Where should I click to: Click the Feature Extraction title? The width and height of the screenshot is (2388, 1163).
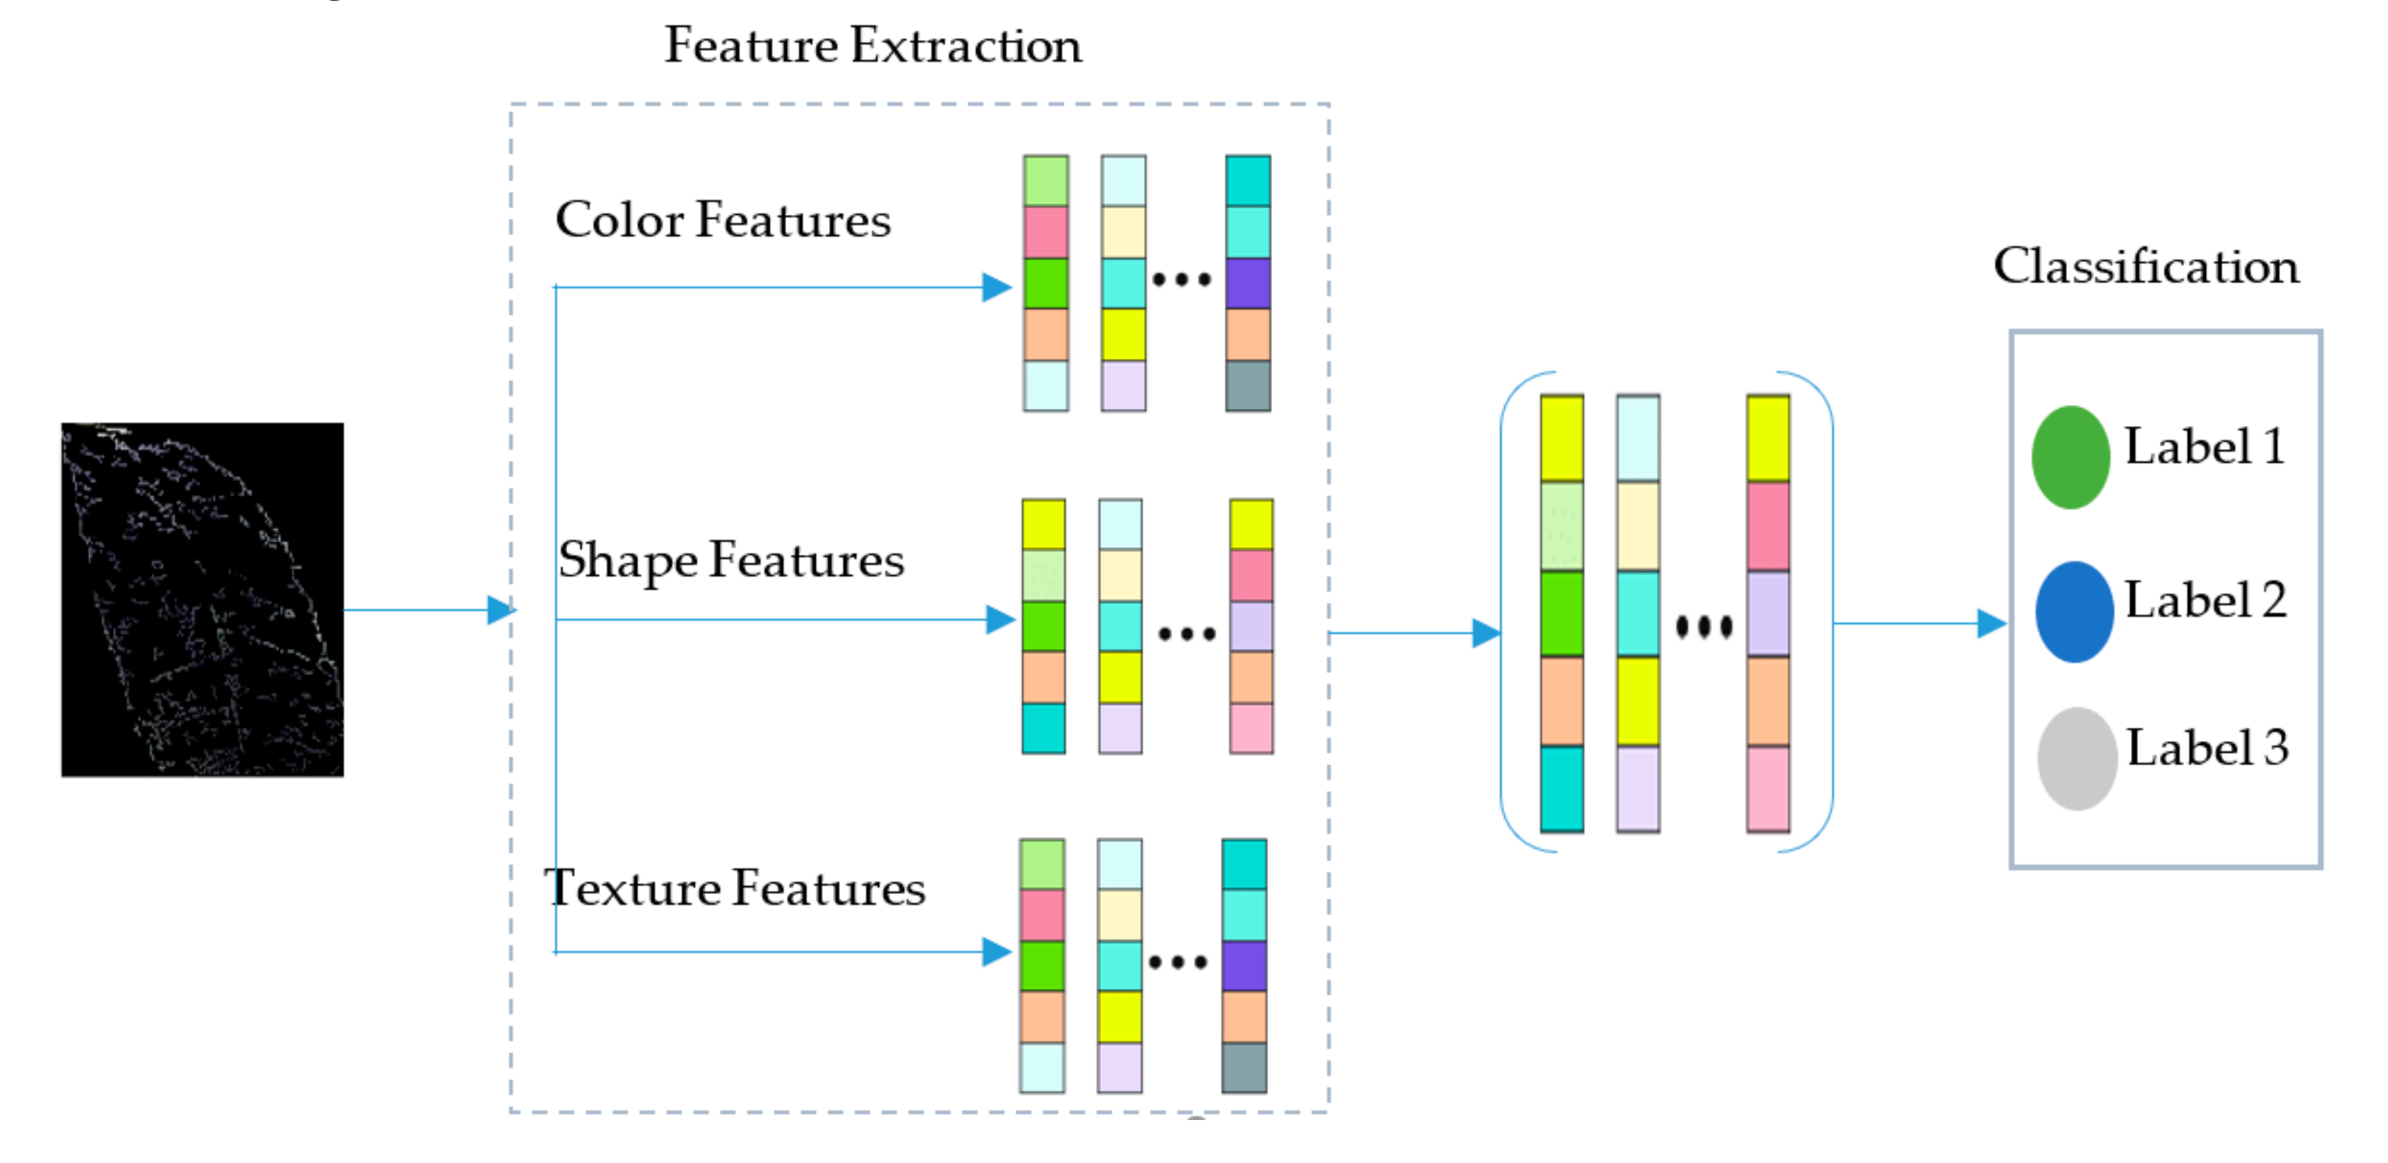pos(872,45)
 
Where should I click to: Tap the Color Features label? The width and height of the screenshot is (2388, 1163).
pos(723,220)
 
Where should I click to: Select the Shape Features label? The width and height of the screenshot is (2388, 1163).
pos(731,561)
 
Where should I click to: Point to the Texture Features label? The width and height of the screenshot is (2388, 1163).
pos(735,888)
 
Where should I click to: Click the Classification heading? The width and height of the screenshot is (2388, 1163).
pos(2146,267)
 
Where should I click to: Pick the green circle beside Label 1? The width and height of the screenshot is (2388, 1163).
pos(2070,457)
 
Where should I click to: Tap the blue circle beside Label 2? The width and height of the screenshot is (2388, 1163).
pos(2074,611)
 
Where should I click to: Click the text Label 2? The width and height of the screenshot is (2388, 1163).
pos(2205,600)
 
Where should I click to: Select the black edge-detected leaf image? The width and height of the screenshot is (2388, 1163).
pos(202,599)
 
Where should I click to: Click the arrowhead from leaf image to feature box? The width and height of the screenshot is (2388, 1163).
pos(502,610)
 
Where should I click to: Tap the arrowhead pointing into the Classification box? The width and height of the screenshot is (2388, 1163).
pos(1991,623)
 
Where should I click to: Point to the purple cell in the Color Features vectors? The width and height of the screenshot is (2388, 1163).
pos(1248,283)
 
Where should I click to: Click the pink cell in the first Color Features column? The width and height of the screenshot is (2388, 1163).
pos(1046,232)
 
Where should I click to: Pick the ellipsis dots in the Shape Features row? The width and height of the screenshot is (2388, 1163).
pos(1187,635)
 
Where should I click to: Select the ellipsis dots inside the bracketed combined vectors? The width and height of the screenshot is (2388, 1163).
pos(1703,627)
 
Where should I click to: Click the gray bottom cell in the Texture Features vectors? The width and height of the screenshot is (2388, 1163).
pos(1244,1068)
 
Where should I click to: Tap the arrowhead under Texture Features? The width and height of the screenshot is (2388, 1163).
pos(997,951)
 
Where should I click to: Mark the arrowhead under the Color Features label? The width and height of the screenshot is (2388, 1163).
pos(997,288)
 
